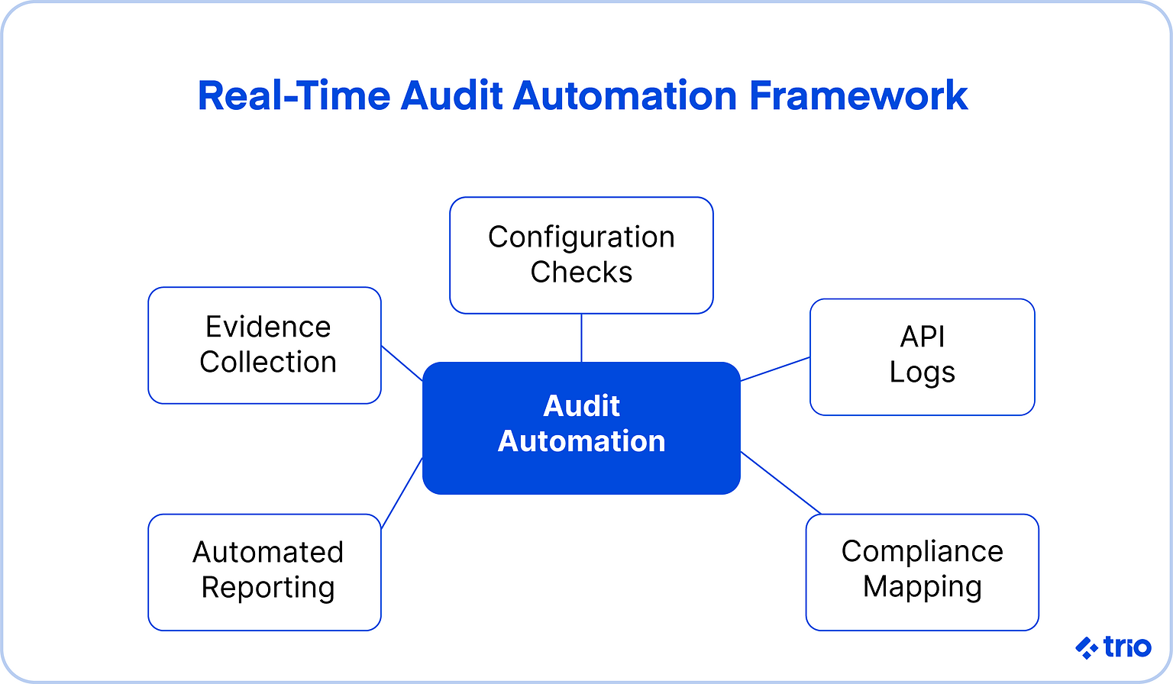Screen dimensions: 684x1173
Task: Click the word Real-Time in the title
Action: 293,96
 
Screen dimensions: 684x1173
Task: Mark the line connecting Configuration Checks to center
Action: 581,337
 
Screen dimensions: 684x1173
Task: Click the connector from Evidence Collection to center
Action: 402,363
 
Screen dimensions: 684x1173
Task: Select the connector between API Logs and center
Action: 775,369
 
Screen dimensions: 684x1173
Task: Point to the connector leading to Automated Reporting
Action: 402,492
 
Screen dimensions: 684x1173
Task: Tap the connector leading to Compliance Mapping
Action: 780,482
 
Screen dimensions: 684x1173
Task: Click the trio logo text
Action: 1127,647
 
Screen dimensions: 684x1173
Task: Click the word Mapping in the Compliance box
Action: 922,586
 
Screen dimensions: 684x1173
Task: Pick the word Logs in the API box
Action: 922,373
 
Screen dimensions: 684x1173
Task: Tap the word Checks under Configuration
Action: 581,273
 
